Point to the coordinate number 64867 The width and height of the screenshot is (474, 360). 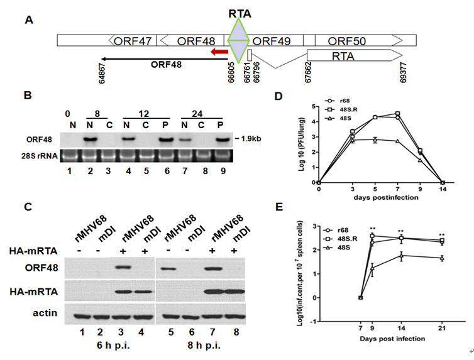pyautogui.click(x=102, y=73)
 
